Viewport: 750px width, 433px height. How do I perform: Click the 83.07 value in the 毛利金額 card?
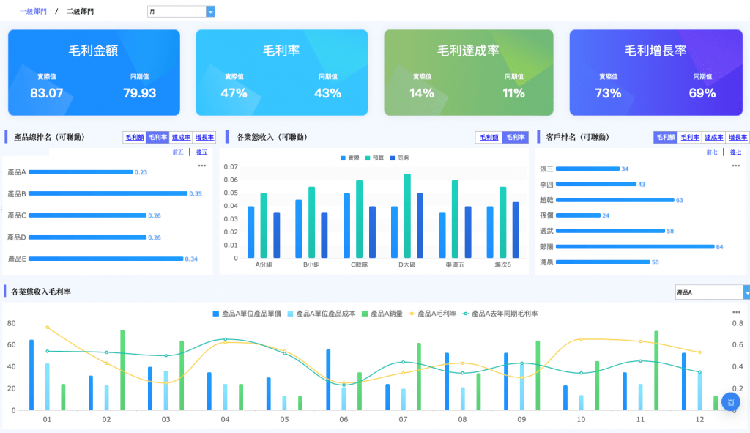tap(46, 93)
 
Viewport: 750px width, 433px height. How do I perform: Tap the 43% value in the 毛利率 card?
tap(328, 93)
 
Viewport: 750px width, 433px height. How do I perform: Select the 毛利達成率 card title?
tap(468, 51)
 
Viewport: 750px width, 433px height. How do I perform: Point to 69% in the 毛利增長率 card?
tap(702, 93)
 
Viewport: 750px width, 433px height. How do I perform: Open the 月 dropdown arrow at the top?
tap(211, 12)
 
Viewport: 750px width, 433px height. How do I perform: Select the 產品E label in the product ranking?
tap(16, 259)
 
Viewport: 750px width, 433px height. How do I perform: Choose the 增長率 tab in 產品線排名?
tap(205, 137)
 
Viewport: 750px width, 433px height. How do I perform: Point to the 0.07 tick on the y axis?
tap(231, 168)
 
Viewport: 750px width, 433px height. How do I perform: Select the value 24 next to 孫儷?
tap(606, 215)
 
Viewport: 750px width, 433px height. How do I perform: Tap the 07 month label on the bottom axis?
tap(403, 420)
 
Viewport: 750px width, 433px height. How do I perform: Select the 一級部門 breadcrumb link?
tap(33, 12)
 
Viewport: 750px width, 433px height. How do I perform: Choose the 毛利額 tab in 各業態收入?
tap(489, 137)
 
